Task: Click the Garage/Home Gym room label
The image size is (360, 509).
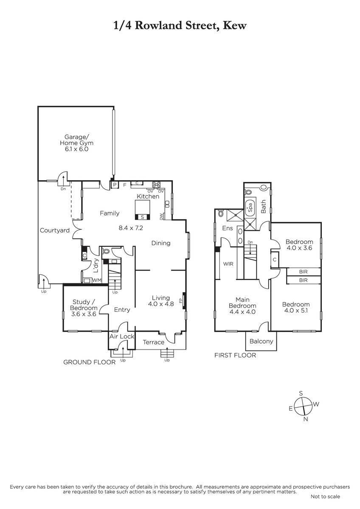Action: pos(77,143)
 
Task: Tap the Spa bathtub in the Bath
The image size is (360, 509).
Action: pos(250,207)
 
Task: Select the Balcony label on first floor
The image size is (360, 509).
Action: pos(261,341)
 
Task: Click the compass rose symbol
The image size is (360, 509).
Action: pos(303,406)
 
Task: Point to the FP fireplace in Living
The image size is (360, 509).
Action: pos(184,301)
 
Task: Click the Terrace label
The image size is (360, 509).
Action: pos(154,342)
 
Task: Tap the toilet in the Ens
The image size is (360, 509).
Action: pos(221,213)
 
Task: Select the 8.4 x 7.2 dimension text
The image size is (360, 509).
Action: pos(131,228)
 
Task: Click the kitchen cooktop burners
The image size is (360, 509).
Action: pos(157,185)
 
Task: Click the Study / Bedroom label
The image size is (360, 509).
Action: pos(84,305)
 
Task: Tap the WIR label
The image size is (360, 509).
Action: pos(228,264)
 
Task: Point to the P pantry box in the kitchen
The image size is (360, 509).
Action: pos(115,185)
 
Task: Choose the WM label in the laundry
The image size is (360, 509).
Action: pos(97,280)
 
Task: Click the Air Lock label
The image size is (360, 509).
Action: pos(122,336)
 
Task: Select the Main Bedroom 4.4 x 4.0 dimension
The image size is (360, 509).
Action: pos(242,312)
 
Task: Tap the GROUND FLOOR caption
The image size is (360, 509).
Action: pos(90,362)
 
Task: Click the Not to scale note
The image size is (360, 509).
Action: pos(325,497)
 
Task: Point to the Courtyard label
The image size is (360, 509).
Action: pos(55,231)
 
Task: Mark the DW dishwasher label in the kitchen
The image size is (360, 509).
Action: pos(161,216)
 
